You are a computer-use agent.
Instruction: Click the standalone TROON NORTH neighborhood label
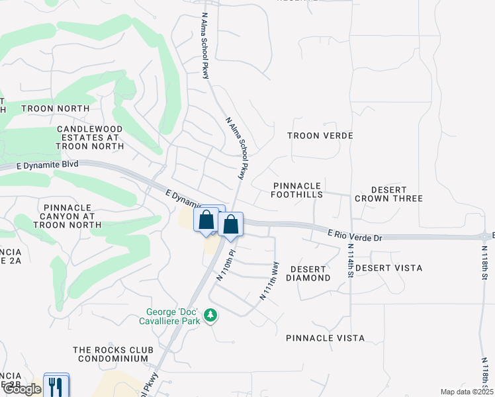[55, 109]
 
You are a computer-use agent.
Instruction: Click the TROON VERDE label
[320, 136]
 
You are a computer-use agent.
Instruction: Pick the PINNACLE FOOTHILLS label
[297, 191]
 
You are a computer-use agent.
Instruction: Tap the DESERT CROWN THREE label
[388, 195]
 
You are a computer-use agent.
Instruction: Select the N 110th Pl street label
[226, 265]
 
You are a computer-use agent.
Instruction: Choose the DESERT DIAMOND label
[308, 274]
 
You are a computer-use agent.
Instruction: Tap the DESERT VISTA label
[388, 268]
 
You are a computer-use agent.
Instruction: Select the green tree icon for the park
[210, 315]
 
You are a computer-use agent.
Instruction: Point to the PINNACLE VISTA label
[325, 338]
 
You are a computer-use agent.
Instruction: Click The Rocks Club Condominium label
[113, 354]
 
